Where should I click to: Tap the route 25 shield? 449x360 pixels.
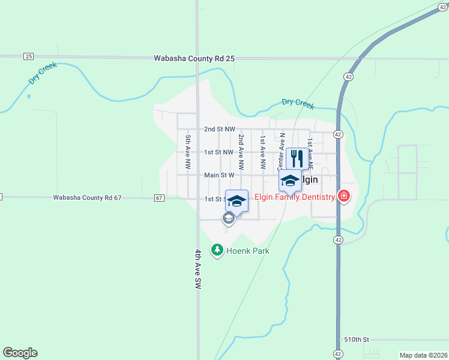pyautogui.click(x=29, y=56)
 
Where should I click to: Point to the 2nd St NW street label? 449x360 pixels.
pyautogui.click(x=218, y=129)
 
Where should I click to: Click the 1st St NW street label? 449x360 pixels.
pyautogui.click(x=218, y=152)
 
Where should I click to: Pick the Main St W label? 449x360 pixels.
pyautogui.click(x=218, y=175)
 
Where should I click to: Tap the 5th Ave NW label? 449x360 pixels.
pyautogui.click(x=188, y=151)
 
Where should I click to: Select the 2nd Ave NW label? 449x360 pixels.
pyautogui.click(x=241, y=151)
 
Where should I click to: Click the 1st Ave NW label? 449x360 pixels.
pyautogui.click(x=262, y=151)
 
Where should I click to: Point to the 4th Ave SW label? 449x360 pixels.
pyautogui.click(x=197, y=270)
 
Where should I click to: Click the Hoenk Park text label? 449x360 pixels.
pyautogui.click(x=247, y=250)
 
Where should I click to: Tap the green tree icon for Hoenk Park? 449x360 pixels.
pyautogui.click(x=217, y=249)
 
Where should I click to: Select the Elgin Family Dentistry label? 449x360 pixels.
pyautogui.click(x=294, y=197)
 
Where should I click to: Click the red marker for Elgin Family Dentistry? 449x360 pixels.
pyautogui.click(x=344, y=196)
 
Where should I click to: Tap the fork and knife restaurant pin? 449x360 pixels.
pyautogui.click(x=297, y=158)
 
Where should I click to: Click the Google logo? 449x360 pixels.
pyautogui.click(x=20, y=353)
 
